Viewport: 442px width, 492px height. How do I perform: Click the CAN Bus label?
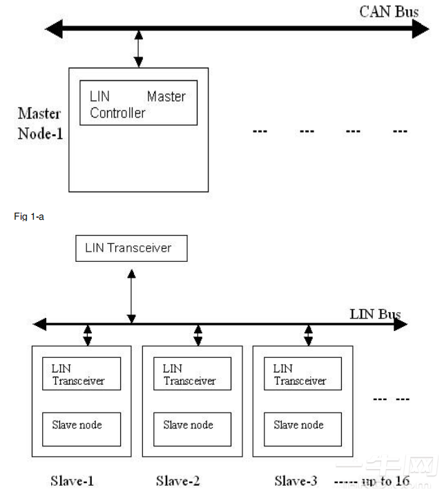click(x=389, y=11)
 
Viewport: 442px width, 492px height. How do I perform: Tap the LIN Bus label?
click(x=375, y=314)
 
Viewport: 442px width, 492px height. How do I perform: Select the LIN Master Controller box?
click(x=137, y=104)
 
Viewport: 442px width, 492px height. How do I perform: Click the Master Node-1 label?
click(x=40, y=123)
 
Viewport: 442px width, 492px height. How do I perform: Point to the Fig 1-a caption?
click(x=29, y=216)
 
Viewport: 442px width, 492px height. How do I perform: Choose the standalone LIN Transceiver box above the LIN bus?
click(x=131, y=247)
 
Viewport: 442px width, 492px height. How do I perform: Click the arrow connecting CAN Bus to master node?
click(x=139, y=48)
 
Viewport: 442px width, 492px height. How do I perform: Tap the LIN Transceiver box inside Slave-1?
click(x=81, y=374)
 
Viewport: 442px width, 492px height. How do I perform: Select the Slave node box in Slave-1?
click(x=81, y=429)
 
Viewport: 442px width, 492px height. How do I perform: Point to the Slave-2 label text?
click(x=178, y=480)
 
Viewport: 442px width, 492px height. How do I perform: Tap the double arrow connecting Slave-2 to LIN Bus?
click(x=198, y=335)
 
